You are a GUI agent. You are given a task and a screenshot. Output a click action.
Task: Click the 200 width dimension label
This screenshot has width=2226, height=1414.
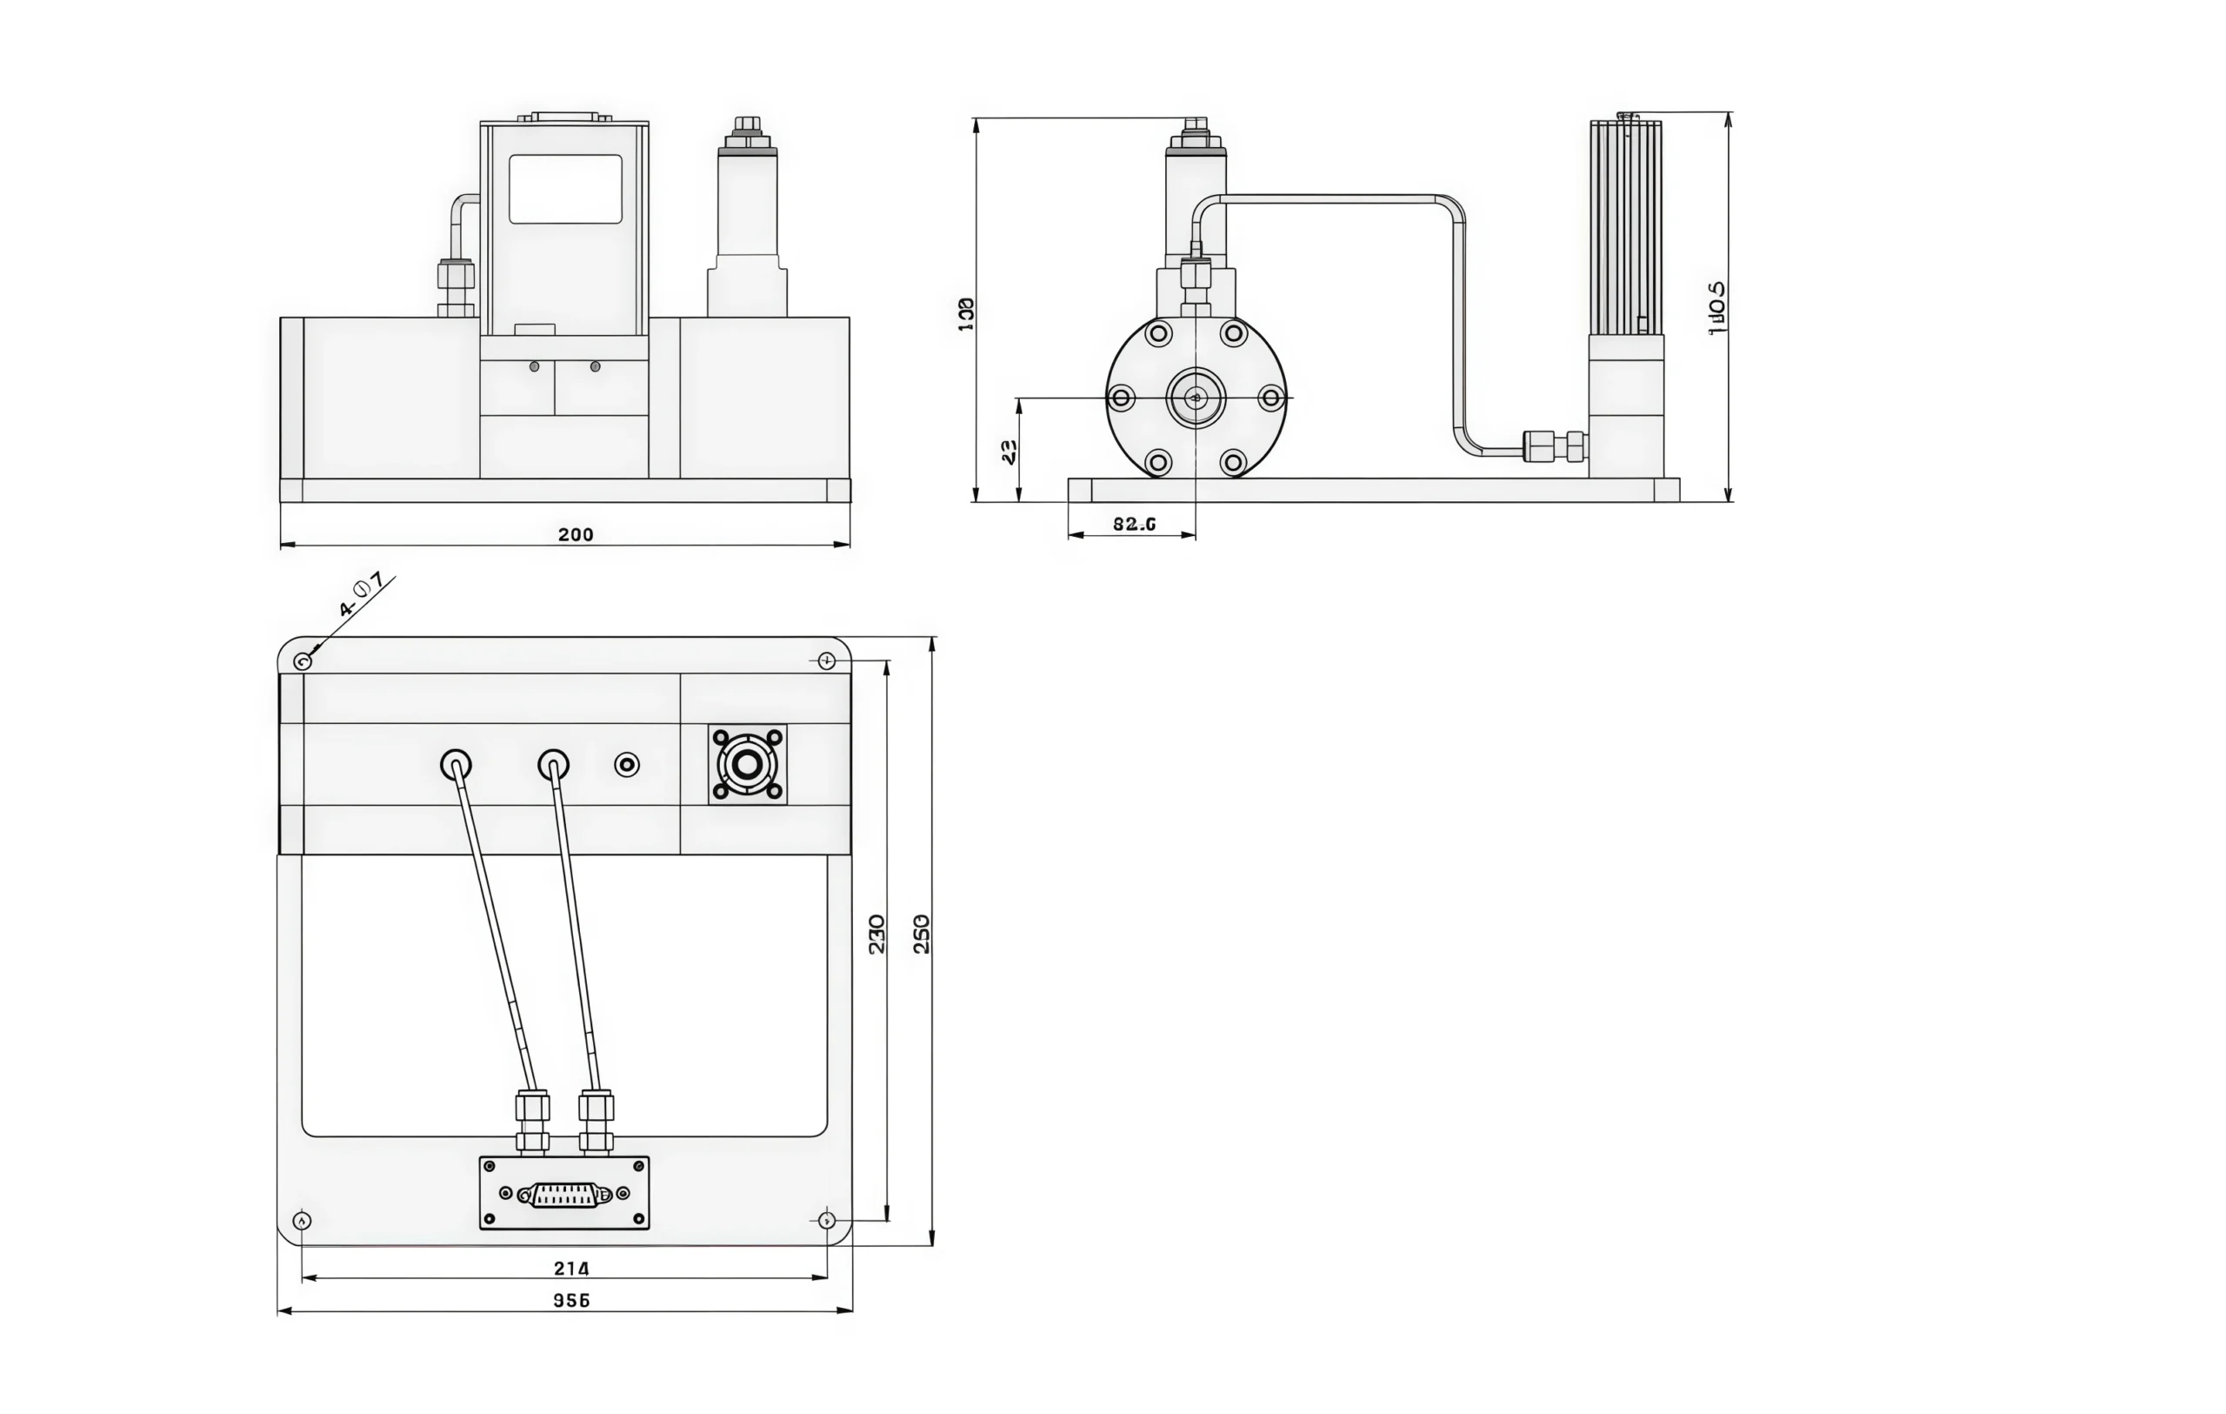(575, 534)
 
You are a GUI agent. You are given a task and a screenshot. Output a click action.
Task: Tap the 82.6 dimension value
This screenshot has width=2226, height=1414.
(1133, 525)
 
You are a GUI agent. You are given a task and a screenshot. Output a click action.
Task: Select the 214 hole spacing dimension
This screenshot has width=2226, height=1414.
(571, 1268)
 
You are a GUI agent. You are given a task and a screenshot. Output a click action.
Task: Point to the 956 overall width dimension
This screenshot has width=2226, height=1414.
(571, 1300)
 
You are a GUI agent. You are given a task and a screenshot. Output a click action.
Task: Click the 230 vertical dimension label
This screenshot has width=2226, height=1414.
(877, 934)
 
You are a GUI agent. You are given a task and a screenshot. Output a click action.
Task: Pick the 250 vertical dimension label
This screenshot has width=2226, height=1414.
(922, 934)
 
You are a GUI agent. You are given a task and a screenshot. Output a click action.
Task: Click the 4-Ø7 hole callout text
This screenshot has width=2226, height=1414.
(361, 594)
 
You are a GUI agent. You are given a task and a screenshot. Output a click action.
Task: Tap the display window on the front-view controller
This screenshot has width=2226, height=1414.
(565, 189)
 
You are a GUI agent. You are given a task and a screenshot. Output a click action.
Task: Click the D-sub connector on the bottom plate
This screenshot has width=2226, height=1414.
(565, 1195)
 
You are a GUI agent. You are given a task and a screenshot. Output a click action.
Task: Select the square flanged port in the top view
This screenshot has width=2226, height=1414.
(747, 765)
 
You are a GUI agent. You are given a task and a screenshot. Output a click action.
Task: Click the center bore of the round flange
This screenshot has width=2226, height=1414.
(1196, 398)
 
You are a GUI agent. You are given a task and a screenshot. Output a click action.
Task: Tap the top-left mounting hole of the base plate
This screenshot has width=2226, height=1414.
(303, 661)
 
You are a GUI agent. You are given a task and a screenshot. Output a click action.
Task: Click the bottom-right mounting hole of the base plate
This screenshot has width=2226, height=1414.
(826, 1220)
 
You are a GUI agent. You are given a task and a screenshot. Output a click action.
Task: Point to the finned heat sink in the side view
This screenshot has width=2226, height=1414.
(1625, 226)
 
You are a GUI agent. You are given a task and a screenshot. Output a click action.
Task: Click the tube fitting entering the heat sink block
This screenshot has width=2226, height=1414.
(1555, 446)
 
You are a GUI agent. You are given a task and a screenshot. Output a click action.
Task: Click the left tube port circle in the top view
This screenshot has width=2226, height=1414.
(456, 765)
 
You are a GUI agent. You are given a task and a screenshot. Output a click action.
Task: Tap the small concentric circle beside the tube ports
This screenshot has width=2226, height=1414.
(627, 765)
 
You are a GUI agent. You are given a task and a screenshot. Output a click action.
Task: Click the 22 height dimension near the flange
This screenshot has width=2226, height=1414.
(1010, 452)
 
